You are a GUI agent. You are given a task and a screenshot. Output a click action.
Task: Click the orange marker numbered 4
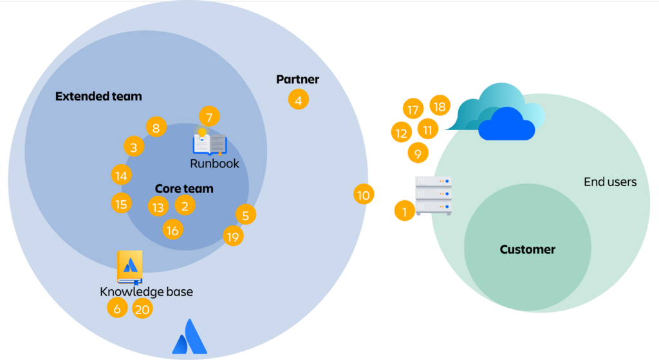click(298, 100)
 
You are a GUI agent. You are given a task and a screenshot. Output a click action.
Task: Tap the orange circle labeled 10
click(364, 194)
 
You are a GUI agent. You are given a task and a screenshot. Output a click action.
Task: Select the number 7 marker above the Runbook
click(209, 117)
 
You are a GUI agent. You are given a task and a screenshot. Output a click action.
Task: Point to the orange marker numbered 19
click(233, 236)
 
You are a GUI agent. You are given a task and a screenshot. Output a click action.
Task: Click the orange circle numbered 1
click(404, 211)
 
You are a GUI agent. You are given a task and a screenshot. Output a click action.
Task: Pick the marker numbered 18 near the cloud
click(440, 106)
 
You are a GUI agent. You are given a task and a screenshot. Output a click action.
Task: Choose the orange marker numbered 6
click(116, 308)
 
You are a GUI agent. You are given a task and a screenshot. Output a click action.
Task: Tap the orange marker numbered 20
click(142, 309)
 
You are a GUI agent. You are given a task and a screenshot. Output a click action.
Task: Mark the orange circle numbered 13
click(158, 207)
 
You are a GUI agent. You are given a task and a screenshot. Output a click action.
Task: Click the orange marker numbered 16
click(172, 229)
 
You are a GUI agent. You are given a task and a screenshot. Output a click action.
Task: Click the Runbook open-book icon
click(209, 143)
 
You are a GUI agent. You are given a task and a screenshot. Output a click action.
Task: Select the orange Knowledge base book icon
click(129, 267)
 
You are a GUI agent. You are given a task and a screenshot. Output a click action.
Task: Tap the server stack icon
click(433, 195)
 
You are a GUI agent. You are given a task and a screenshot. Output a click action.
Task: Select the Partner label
click(297, 79)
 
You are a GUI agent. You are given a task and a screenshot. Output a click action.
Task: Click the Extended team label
click(98, 97)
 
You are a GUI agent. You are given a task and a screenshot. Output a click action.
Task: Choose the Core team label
click(184, 189)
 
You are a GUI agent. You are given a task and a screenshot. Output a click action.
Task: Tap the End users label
click(610, 182)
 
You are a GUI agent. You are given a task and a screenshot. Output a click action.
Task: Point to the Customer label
click(527, 249)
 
